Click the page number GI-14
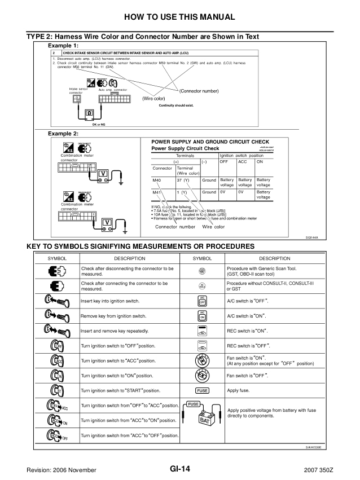179,469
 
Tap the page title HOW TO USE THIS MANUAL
180,16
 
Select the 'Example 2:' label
63,134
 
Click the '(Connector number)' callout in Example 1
199,91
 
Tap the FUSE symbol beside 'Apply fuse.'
202,390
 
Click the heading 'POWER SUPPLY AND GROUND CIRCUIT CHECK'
210,142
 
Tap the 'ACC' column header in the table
242,161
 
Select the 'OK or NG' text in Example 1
87,125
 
